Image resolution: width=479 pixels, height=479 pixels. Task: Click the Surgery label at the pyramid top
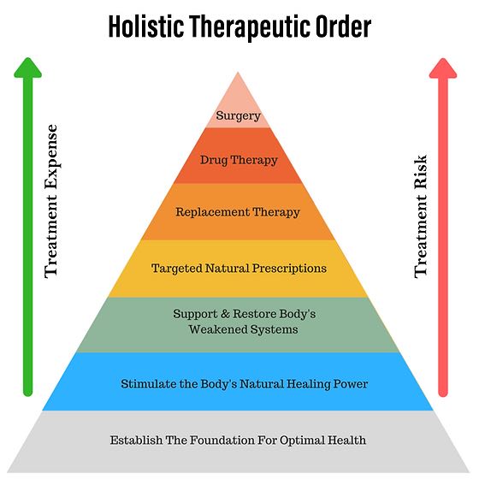coord(239,115)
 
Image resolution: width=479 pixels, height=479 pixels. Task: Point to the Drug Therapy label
coord(239,159)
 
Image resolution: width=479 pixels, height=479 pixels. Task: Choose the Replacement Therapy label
coord(239,212)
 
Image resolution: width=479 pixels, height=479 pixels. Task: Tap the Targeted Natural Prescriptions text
coord(239,269)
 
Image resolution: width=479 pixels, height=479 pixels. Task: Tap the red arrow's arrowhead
coord(443,68)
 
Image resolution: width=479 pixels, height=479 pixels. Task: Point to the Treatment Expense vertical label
coord(51,201)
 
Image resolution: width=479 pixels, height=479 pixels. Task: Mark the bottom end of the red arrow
coord(443,393)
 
